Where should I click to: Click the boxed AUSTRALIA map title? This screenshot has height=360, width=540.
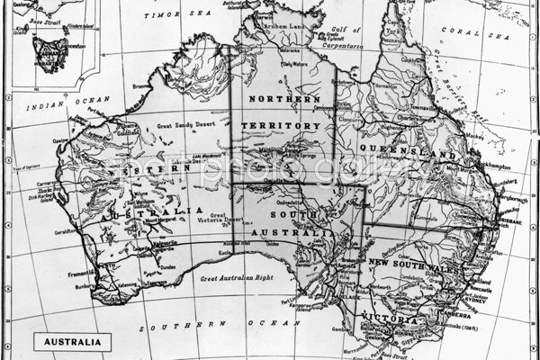point(73,341)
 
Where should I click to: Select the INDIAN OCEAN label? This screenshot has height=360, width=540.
point(55,106)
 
